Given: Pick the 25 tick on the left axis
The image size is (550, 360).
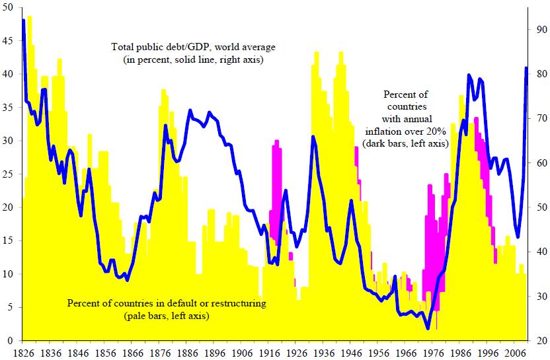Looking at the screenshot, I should click(8, 174).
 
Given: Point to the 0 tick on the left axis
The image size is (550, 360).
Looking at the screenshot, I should click(11, 340).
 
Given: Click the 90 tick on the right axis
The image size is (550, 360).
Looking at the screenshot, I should click(538, 30).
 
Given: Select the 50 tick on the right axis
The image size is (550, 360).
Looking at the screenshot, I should click(538, 207).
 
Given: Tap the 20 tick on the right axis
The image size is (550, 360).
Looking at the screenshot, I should click(538, 340).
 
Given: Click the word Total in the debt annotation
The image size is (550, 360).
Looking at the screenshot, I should click(123, 48).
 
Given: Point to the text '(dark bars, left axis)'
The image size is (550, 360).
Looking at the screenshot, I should click(405, 143).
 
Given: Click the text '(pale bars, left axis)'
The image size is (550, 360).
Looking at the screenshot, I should click(167, 316).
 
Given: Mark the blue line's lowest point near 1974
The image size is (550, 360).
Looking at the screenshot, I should click(428, 328).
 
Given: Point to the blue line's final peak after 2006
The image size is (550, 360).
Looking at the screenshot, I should click(526, 68).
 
